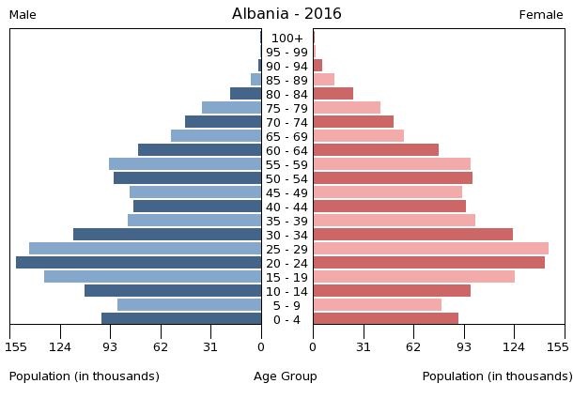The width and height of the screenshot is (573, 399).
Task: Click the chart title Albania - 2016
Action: click(286, 14)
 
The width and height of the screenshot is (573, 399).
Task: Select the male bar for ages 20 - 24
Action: click(138, 263)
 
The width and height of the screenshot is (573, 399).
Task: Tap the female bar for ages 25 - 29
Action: click(430, 249)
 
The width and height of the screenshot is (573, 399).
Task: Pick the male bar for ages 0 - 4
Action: click(181, 319)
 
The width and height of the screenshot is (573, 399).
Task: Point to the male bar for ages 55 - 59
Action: click(185, 164)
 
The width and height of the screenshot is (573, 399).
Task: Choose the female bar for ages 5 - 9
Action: click(377, 305)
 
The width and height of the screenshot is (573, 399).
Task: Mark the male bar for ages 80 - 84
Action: click(245, 94)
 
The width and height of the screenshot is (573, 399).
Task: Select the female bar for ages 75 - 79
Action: click(347, 108)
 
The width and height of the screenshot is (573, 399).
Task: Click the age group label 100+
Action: click(286, 38)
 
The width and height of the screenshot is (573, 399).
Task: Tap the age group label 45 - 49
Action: click(286, 192)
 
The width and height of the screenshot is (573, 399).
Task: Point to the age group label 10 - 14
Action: click(286, 291)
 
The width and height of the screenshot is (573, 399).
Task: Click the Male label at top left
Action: click(23, 15)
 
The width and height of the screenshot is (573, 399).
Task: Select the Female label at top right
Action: click(541, 15)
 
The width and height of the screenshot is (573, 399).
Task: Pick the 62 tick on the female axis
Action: click(413, 346)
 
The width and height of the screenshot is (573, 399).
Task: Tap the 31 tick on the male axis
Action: click(210, 346)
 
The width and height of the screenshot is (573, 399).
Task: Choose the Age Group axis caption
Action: click(286, 376)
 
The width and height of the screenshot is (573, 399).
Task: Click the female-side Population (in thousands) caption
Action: click(497, 376)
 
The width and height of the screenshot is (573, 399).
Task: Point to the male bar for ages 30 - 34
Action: click(167, 235)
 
